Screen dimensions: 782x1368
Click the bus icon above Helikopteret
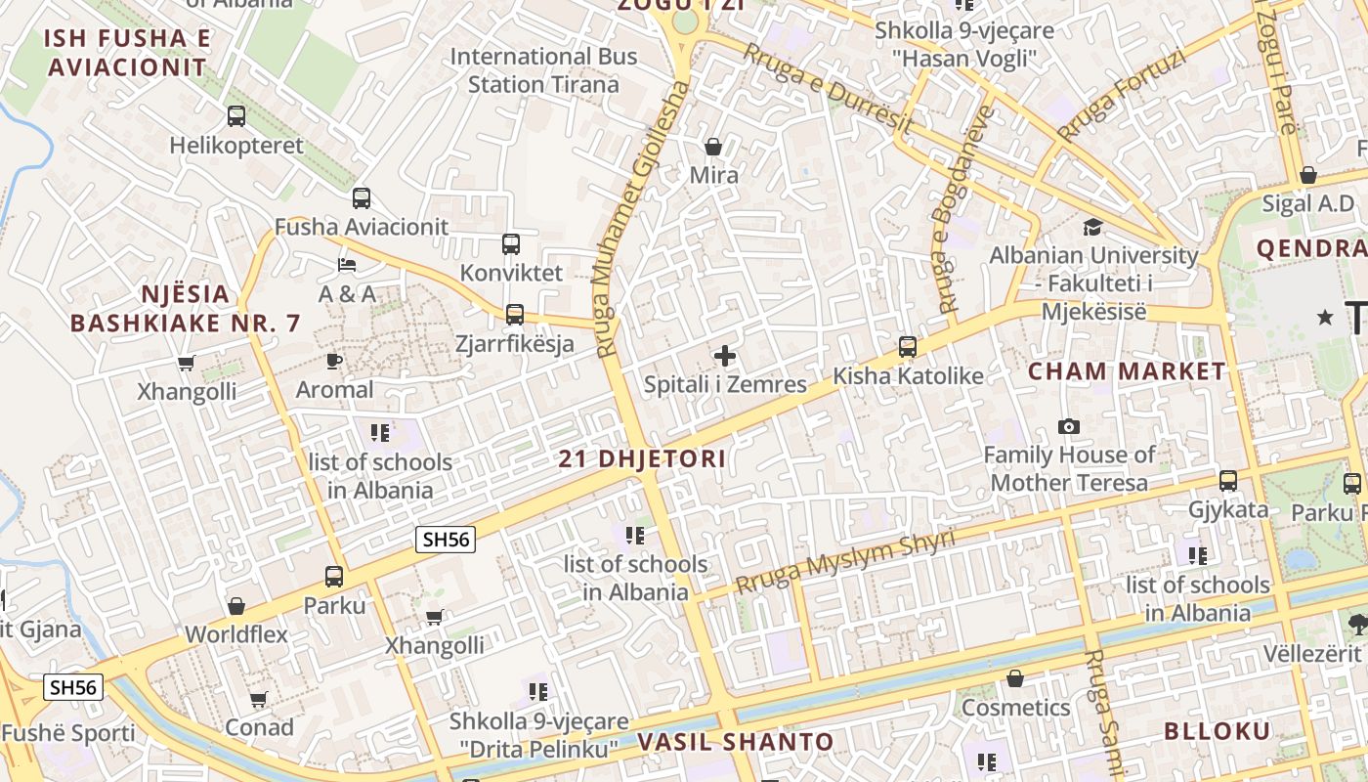tap(236, 116)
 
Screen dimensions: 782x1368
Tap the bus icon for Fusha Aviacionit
tap(362, 198)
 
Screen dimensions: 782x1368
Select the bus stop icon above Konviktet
tap(511, 244)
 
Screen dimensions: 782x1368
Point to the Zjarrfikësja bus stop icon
tap(515, 315)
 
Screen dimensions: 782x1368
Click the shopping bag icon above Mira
tap(714, 147)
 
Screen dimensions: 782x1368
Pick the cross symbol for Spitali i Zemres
tap(725, 356)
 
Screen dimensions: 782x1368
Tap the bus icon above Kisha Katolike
tap(908, 347)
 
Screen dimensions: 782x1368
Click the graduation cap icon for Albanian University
tap(1092, 227)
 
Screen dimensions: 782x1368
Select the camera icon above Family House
tap(1069, 427)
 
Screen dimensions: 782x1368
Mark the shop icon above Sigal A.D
tap(1308, 176)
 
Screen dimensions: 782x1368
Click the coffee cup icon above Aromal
tap(334, 361)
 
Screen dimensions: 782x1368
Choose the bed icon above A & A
tap(347, 265)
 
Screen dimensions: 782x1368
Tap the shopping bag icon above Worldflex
tap(235, 606)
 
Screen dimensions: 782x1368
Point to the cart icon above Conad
tap(259, 699)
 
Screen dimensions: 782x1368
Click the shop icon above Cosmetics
tap(1015, 678)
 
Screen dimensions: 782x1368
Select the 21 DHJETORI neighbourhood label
tap(642, 458)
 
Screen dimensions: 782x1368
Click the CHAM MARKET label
tap(1127, 371)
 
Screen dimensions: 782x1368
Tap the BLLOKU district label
tap(1217, 731)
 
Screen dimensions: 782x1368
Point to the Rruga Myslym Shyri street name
tap(845, 564)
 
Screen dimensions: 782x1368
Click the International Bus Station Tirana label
tap(543, 70)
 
